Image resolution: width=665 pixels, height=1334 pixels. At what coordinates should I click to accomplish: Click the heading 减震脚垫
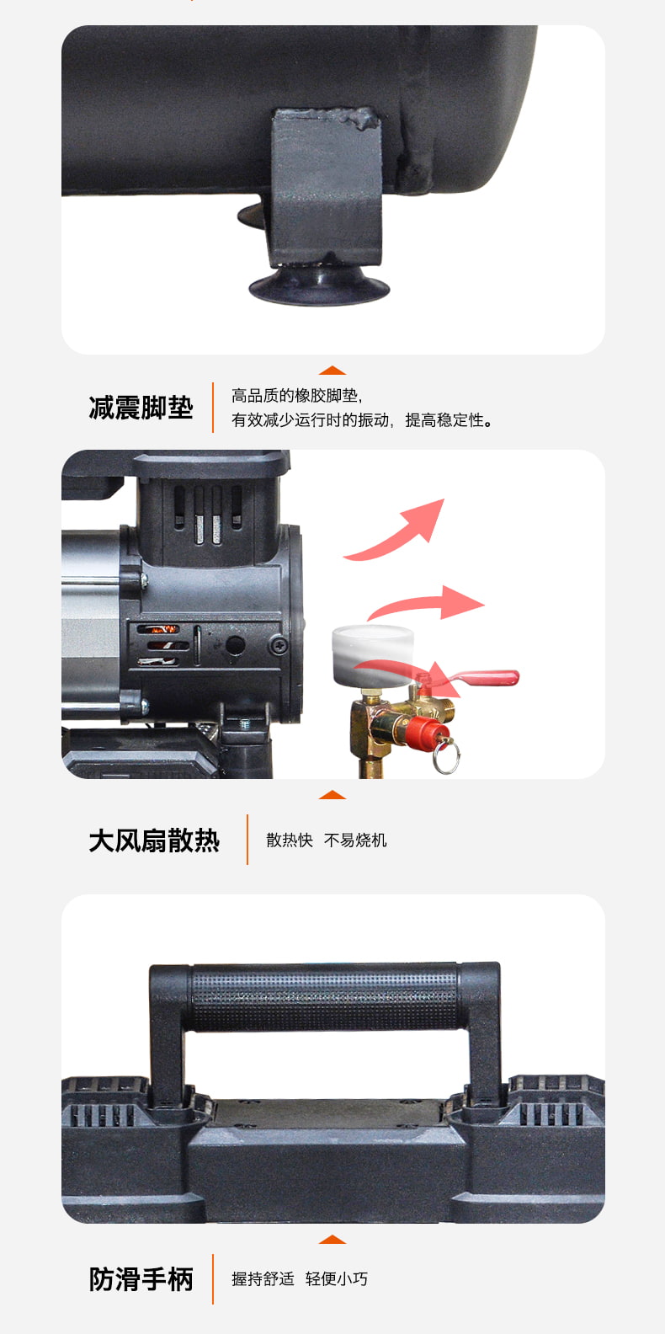coord(141,408)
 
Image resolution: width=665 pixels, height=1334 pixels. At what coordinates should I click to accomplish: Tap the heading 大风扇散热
coord(154,840)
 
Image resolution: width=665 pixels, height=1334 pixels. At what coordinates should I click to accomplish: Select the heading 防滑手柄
coord(141,1279)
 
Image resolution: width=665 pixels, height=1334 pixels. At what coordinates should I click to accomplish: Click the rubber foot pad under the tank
coord(319,288)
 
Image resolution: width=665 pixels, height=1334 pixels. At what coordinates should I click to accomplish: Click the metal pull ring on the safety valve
coord(446,756)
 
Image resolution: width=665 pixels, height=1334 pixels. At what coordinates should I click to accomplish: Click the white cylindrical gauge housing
coord(372,656)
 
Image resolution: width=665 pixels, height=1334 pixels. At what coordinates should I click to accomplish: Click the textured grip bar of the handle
coord(325,997)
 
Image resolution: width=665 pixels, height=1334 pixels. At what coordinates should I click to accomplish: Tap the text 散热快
coord(290,840)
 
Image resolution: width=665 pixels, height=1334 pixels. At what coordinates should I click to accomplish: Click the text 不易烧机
coord(355,840)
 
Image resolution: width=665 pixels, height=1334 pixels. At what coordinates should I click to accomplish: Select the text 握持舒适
coord(263,1278)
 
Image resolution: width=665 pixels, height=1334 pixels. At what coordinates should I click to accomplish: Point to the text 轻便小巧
coord(337,1278)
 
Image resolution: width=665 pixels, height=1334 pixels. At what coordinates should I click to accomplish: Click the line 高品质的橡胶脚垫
coord(296,396)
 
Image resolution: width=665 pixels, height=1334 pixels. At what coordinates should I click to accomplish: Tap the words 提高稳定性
coord(449,420)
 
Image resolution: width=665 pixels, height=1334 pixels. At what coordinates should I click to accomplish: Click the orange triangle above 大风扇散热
coord(332,794)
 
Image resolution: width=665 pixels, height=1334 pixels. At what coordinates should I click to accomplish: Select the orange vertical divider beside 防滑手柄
coord(213,1279)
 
